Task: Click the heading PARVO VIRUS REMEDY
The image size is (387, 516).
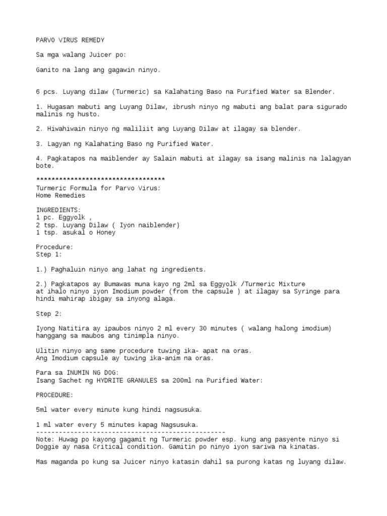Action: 71,40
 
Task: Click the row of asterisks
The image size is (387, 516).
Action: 101,180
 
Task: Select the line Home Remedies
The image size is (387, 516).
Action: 60,195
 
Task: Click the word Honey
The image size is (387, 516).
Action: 106,232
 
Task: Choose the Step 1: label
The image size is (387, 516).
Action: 49,254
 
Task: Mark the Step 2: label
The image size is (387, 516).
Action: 49,313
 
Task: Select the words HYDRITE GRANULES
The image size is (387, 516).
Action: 127,380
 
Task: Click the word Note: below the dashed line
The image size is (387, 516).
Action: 46,439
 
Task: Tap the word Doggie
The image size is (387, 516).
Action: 47,447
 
